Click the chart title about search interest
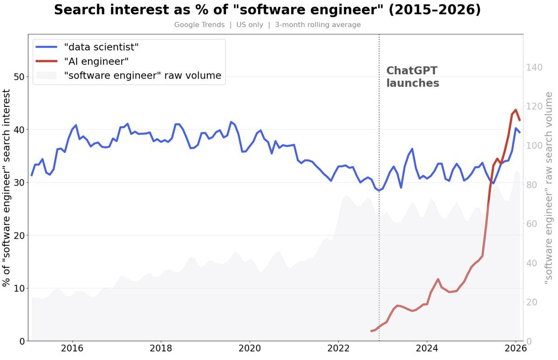click(x=267, y=10)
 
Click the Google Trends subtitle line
click(x=267, y=25)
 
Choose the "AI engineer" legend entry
click(x=96, y=61)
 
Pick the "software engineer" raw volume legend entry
click(x=142, y=75)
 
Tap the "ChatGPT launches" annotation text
click(x=412, y=77)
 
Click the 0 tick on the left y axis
click(x=21, y=341)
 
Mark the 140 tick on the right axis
click(x=534, y=67)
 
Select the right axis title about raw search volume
click(x=549, y=188)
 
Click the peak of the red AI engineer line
click(x=515, y=110)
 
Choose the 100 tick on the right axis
click(x=534, y=146)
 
